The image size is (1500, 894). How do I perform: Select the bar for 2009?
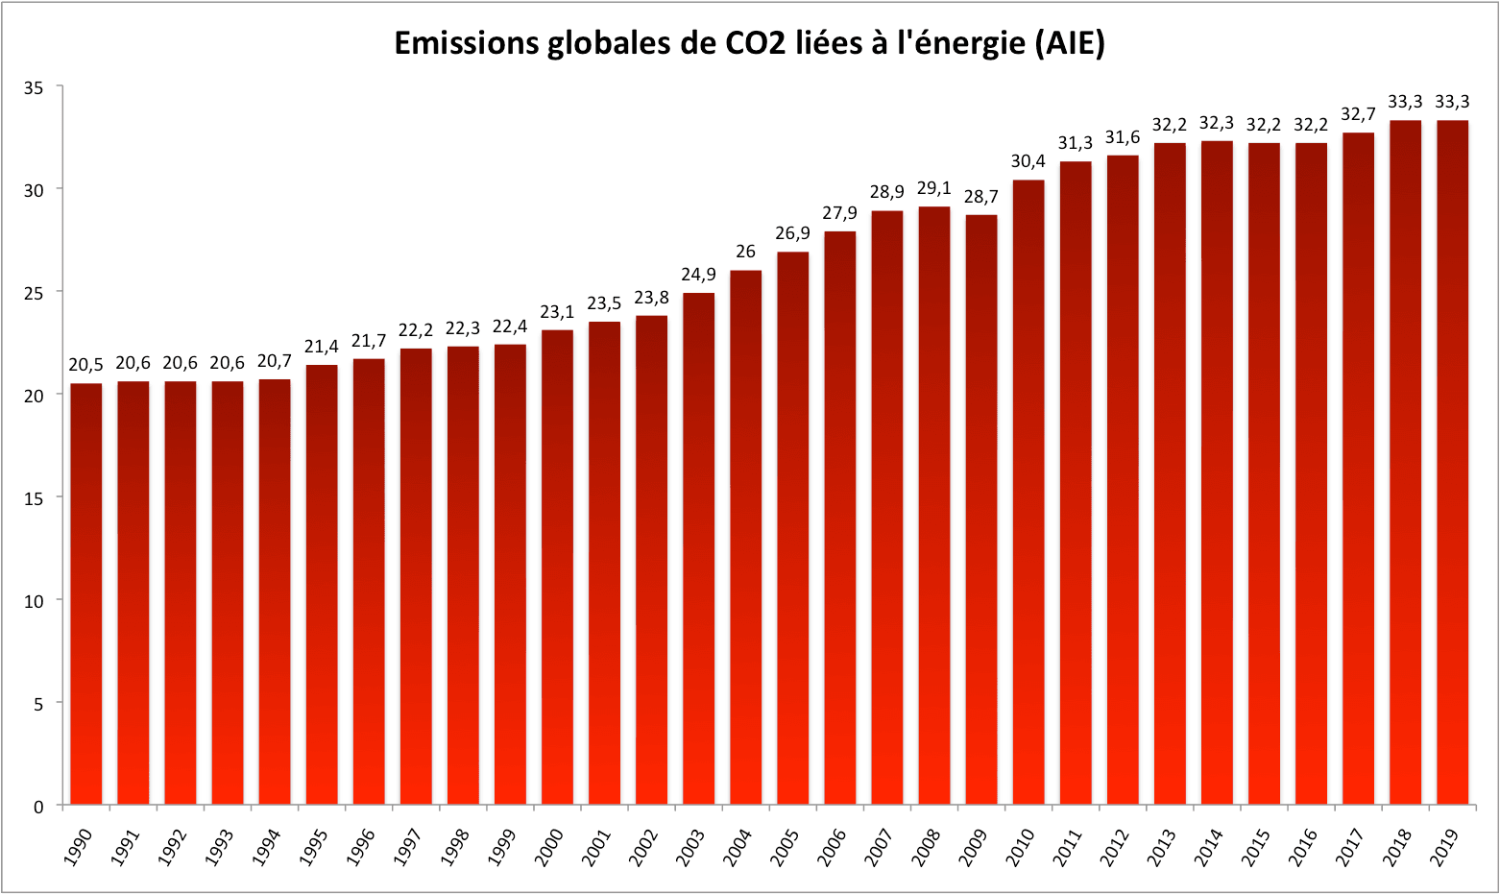981,509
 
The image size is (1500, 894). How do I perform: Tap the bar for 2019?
1452,462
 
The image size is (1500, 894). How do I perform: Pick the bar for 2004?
746,537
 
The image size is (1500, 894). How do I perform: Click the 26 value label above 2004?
746,252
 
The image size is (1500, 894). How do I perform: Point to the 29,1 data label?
934,188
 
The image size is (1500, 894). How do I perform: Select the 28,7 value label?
981,197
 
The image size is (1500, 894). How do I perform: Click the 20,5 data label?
85,365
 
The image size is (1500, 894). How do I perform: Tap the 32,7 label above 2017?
1358,114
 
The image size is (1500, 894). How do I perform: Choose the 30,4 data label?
1028,161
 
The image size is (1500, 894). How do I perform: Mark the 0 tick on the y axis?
38,806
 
